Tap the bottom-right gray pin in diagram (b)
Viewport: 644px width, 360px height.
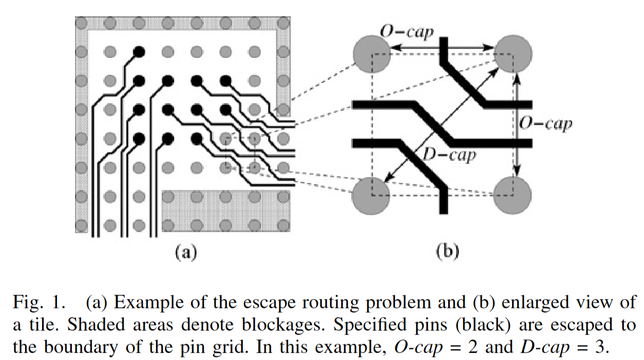513,195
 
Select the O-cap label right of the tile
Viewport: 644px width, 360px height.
546,124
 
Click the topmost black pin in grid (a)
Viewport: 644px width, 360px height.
139,52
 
